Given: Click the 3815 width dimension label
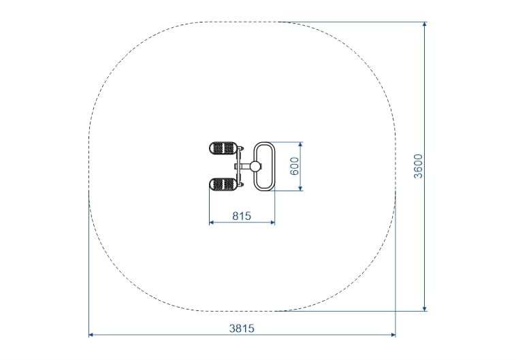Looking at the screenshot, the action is (x=242, y=328).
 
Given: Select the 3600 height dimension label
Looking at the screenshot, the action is (x=418, y=166).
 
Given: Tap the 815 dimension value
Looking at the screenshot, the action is (x=242, y=216).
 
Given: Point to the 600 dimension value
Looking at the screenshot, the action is (x=295, y=166).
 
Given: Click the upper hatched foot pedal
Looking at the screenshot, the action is (x=223, y=148).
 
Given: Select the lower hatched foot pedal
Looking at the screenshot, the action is (x=223, y=184).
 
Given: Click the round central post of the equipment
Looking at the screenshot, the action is (x=255, y=166).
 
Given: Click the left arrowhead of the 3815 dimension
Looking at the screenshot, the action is (x=91, y=335).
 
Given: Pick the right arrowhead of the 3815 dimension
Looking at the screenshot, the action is (x=393, y=335).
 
